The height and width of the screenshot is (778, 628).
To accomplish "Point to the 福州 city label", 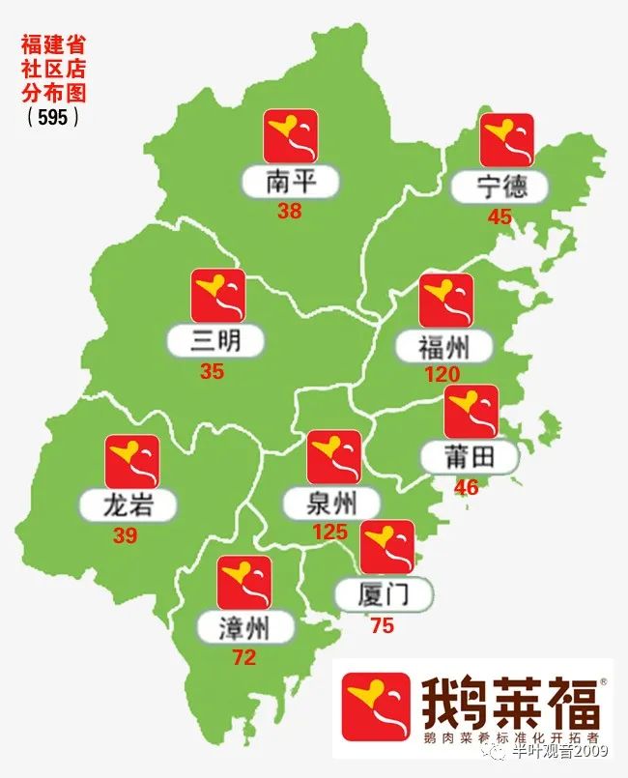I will [x=443, y=346].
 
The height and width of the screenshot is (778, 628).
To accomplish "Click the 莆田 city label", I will [x=470, y=457].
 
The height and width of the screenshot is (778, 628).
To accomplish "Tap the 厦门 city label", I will [x=383, y=593].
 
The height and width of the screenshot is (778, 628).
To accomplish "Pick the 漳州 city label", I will [x=243, y=628].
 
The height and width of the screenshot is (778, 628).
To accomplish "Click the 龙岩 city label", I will [x=128, y=504].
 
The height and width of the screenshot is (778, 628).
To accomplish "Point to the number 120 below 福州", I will [x=442, y=374].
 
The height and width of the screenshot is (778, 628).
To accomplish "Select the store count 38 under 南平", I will [x=289, y=211].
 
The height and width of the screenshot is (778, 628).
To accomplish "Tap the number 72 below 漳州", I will [x=243, y=658].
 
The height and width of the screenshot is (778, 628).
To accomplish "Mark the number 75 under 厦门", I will [x=382, y=625].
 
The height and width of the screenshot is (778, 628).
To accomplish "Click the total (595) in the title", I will [x=52, y=117].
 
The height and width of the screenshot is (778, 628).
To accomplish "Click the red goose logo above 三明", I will [x=217, y=296].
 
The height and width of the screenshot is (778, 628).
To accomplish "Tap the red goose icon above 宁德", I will [x=506, y=139].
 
